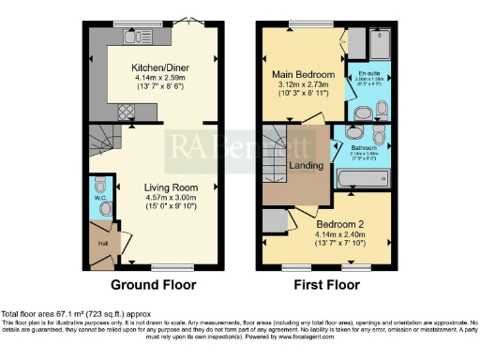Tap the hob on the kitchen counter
124,112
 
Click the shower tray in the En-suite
382,43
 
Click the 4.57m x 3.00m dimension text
155,197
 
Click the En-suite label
368,70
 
